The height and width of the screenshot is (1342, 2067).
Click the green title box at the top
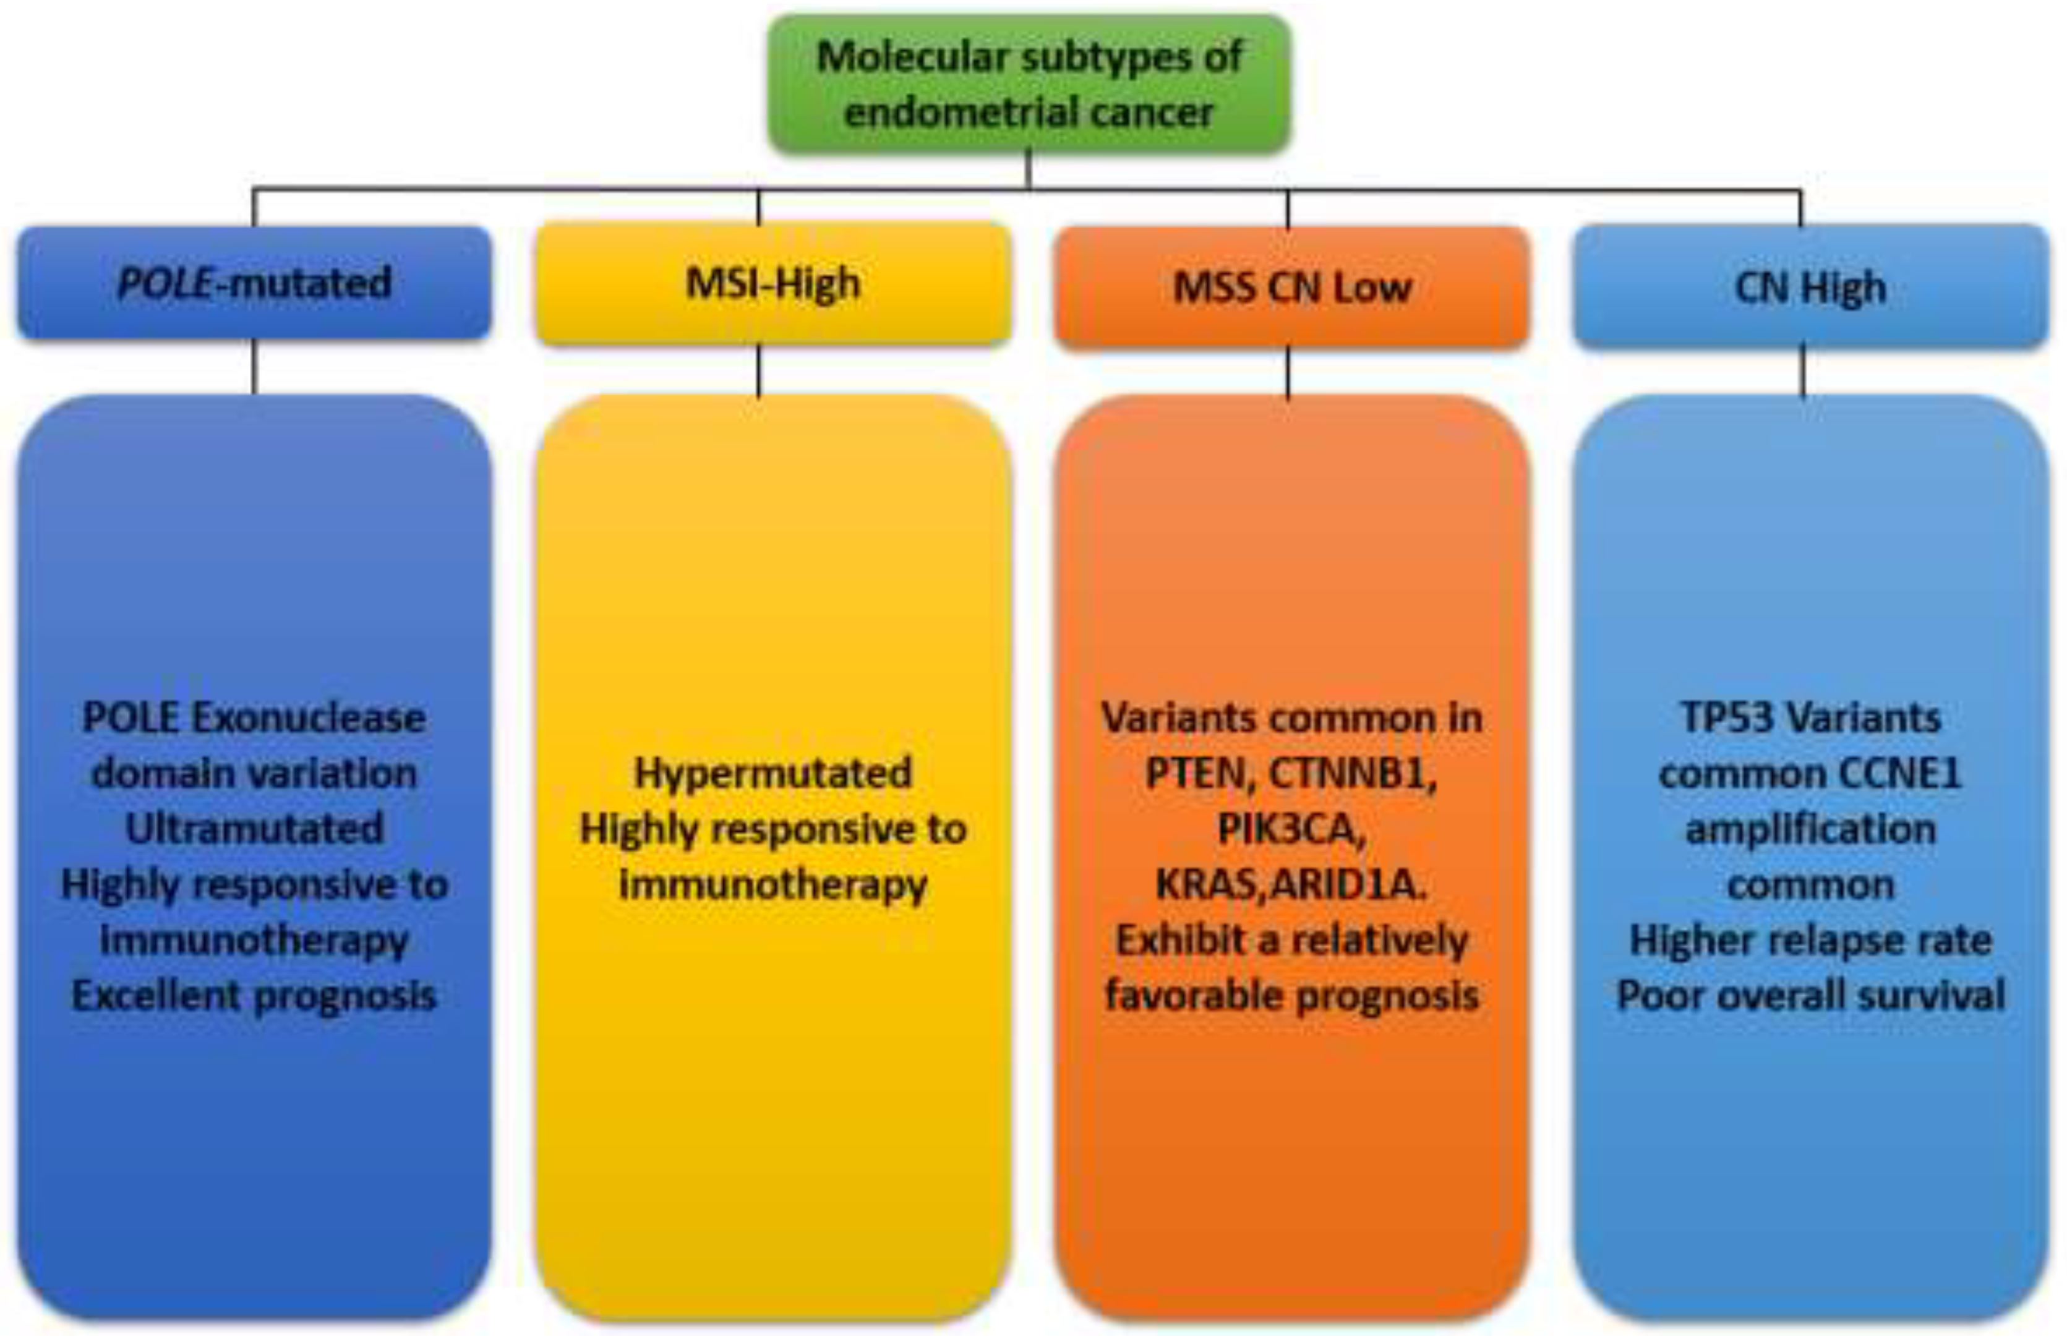click(1029, 84)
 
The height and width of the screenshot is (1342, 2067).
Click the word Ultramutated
click(254, 829)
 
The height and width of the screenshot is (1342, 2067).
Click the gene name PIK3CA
click(1291, 829)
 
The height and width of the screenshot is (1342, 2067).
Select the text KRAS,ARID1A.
click(1291, 884)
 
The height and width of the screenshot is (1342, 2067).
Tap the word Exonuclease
click(308, 717)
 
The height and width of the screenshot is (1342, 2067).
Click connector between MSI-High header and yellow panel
click(759, 371)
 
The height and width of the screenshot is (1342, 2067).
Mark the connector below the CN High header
click(1803, 371)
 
